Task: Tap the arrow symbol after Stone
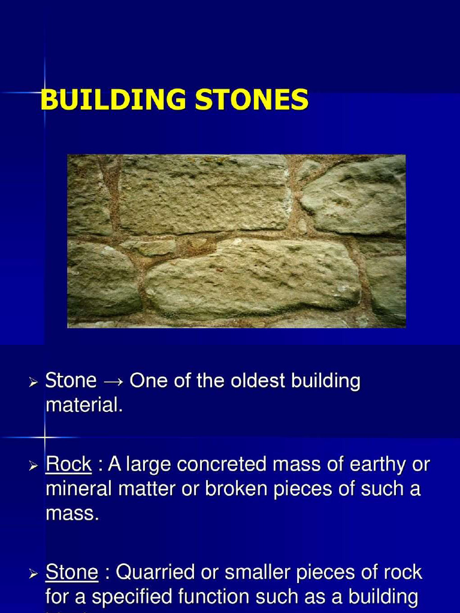[113, 381]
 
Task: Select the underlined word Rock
[68, 464]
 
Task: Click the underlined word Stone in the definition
[71, 572]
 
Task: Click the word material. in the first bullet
[84, 405]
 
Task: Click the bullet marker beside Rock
[34, 465]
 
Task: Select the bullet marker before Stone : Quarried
[34, 573]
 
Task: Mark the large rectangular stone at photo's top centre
[204, 195]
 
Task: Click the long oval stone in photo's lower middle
[252, 278]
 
